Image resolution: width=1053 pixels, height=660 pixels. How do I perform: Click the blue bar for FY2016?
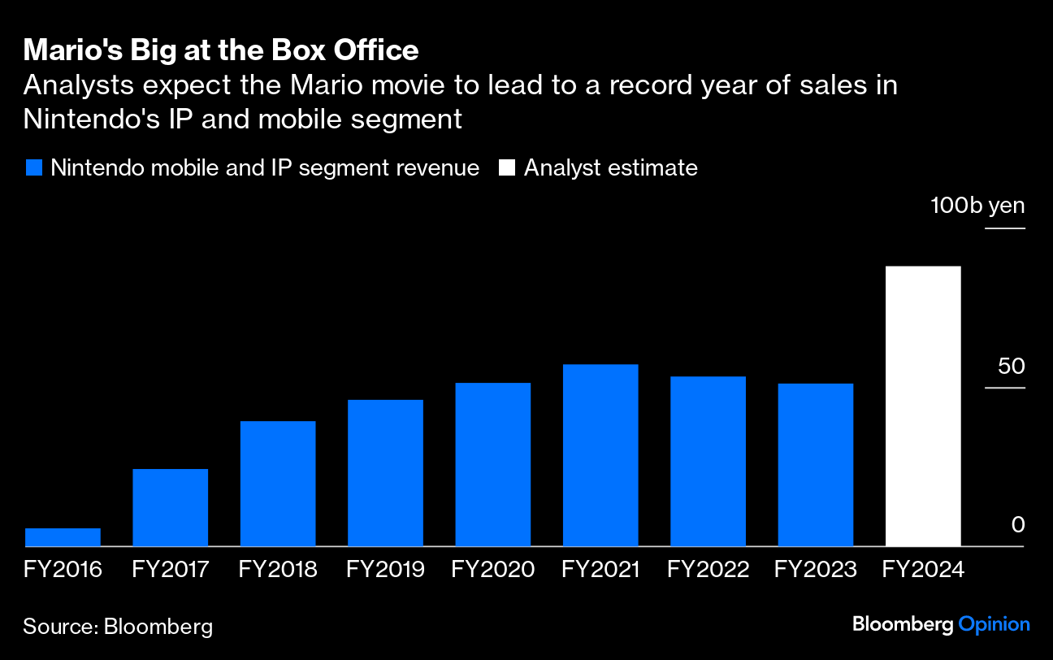[63, 537]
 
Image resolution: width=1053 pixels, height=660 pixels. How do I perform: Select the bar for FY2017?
[170, 507]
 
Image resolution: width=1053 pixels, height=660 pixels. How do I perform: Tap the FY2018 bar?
[278, 484]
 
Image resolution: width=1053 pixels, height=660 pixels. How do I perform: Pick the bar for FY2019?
[385, 473]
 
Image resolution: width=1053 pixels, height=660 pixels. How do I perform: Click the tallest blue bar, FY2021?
[600, 455]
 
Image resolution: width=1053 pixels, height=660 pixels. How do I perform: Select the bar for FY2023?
[815, 465]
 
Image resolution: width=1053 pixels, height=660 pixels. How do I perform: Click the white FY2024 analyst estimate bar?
[923, 406]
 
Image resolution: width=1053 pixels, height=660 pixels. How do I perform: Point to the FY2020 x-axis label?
[492, 569]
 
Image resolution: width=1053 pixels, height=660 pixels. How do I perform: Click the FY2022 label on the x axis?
[708, 569]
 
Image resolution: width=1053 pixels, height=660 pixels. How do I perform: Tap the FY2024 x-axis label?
[923, 569]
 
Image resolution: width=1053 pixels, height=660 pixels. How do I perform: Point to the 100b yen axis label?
[977, 206]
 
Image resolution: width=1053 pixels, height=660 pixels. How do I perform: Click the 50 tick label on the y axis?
[1012, 367]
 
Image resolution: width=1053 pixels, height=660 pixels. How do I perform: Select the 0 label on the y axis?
[1018, 525]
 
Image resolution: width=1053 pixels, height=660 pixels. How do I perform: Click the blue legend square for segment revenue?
[33, 168]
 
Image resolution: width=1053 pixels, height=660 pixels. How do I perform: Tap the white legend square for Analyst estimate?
[507, 168]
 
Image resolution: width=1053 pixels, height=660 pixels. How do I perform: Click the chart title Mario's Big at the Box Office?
[221, 51]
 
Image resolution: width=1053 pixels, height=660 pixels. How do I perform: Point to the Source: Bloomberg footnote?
[118, 626]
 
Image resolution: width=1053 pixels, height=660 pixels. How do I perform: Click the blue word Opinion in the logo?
[994, 624]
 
